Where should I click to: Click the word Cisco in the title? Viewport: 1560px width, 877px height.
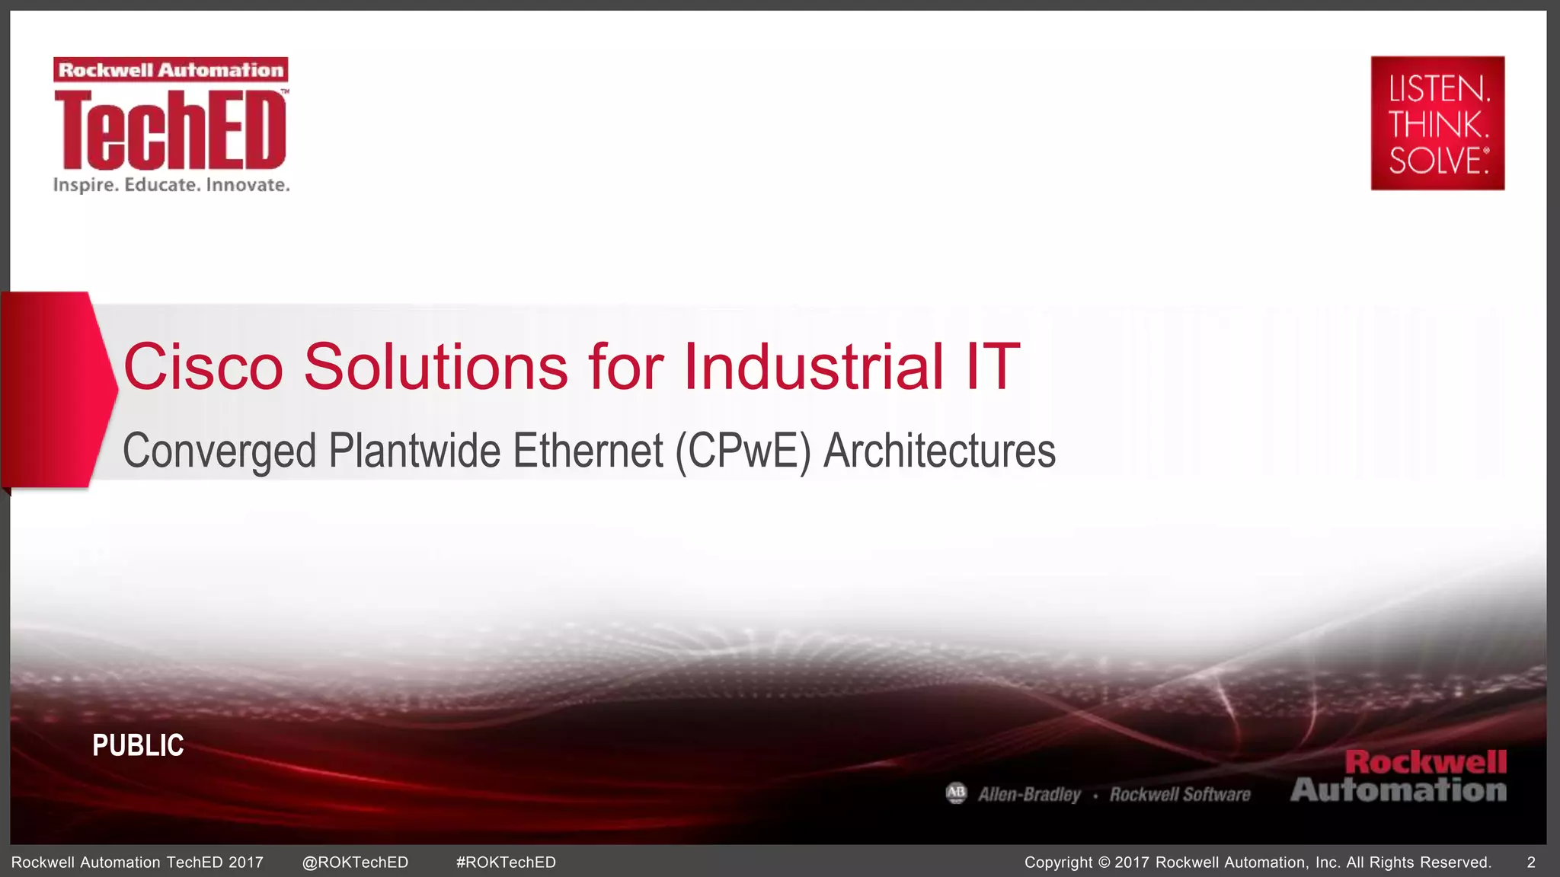(203, 367)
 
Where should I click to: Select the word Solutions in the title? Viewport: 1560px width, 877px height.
(436, 367)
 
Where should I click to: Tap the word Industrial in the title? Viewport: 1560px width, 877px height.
(814, 367)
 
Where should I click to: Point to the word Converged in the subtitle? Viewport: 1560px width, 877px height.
(219, 451)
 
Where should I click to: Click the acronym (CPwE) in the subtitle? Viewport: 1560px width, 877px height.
(743, 451)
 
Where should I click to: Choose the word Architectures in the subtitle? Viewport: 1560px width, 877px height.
(939, 451)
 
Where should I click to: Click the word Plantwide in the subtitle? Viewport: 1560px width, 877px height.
(414, 451)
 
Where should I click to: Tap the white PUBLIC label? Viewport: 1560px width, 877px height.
(138, 745)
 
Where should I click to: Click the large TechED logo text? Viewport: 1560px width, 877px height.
(171, 129)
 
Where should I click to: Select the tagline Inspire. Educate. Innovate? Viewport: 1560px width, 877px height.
(171, 185)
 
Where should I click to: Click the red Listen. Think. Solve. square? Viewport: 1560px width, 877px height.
(1437, 123)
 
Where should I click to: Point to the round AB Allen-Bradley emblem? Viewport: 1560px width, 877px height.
(956, 793)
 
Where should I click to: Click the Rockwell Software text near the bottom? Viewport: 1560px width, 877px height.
(1180, 795)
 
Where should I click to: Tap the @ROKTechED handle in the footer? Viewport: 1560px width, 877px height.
(355, 863)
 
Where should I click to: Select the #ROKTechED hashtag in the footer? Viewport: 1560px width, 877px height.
(506, 863)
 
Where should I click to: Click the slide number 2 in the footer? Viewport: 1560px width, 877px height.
(1531, 863)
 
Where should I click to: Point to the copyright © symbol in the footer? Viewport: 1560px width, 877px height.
(1104, 863)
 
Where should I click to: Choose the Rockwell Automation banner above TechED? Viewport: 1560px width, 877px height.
(171, 70)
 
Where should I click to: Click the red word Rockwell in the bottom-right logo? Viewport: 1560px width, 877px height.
(1425, 762)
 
